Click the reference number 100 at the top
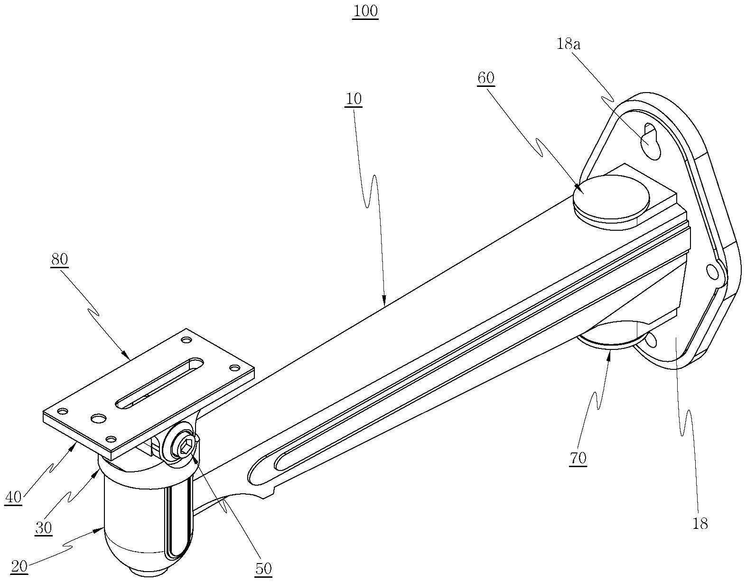[x=365, y=11]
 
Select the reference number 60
[x=486, y=78]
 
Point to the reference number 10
[x=354, y=99]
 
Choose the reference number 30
[x=44, y=527]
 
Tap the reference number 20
[x=19, y=566]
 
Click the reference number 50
[x=263, y=568]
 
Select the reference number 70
[x=578, y=458]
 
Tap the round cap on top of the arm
[x=611, y=197]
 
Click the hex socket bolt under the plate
[x=186, y=446]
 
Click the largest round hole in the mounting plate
[x=98, y=418]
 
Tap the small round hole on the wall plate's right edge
[x=712, y=272]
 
